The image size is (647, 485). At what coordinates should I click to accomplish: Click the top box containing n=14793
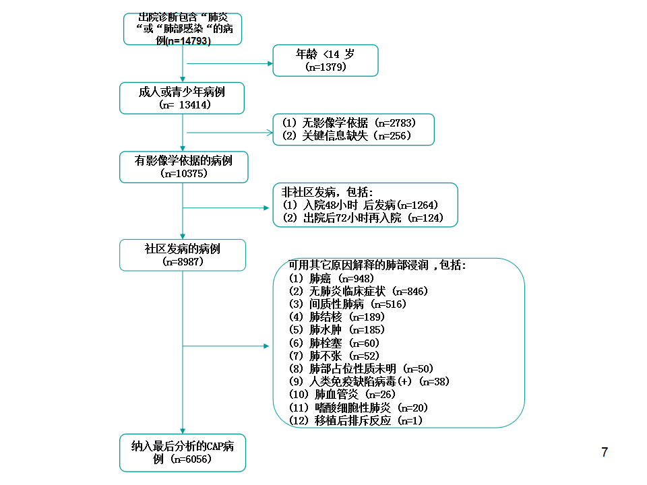click(183, 29)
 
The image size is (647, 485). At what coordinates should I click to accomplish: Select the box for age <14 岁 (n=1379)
click(326, 61)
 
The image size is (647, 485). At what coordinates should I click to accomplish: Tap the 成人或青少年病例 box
click(182, 98)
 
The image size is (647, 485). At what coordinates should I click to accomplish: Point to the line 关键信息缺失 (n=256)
click(346, 135)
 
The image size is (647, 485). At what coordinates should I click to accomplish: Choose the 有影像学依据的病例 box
click(183, 167)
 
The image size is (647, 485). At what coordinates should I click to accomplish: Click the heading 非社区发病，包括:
click(328, 192)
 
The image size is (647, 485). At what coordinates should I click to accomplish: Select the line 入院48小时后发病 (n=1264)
click(360, 205)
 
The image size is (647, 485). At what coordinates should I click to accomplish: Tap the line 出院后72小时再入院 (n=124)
click(363, 218)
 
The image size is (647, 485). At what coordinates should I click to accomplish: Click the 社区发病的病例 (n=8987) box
click(183, 255)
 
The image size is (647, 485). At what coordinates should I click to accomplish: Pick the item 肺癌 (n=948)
click(332, 278)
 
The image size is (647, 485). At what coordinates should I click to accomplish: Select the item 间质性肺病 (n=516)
click(348, 304)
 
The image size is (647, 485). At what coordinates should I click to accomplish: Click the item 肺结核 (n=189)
click(337, 317)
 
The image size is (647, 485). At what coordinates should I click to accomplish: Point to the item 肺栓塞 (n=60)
click(334, 343)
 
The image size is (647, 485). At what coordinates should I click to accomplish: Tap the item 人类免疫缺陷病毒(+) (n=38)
click(369, 381)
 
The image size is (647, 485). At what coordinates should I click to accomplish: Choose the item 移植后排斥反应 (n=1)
click(356, 420)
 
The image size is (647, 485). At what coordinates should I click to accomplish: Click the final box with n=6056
click(183, 453)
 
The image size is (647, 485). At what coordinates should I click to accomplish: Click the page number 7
click(605, 453)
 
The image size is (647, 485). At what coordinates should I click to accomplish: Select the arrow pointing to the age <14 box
click(230, 63)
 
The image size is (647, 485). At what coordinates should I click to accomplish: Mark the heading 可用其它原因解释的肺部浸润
click(359, 265)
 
